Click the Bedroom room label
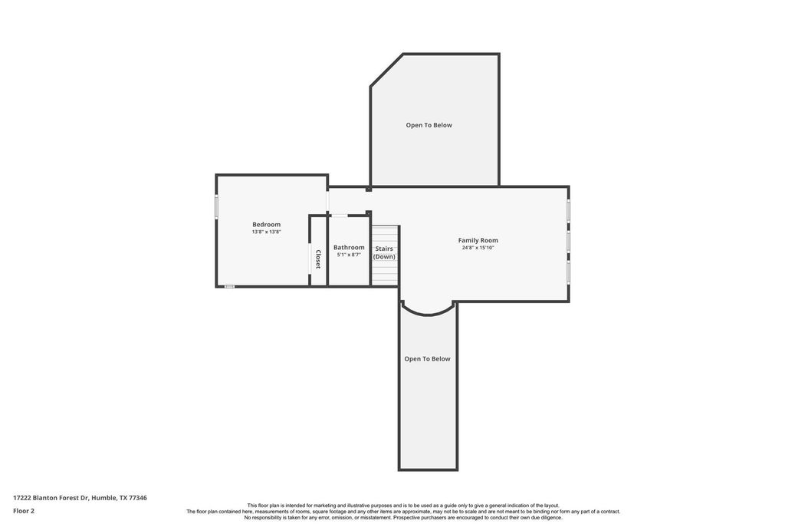[266, 225]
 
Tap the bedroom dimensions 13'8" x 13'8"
[266, 232]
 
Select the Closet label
[317, 259]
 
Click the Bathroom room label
[349, 248]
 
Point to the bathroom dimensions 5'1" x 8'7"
[349, 255]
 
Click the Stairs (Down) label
[385, 252]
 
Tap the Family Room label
[478, 240]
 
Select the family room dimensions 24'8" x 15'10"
[478, 248]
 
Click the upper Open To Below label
[429, 125]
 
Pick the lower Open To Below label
[428, 359]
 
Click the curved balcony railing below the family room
[428, 314]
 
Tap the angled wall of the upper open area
[386, 70]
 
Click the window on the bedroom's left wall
[217, 206]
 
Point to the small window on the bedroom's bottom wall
[229, 286]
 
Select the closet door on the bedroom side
[310, 259]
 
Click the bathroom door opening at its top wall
[340, 216]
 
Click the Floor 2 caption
[24, 511]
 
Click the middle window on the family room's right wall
[569, 242]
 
